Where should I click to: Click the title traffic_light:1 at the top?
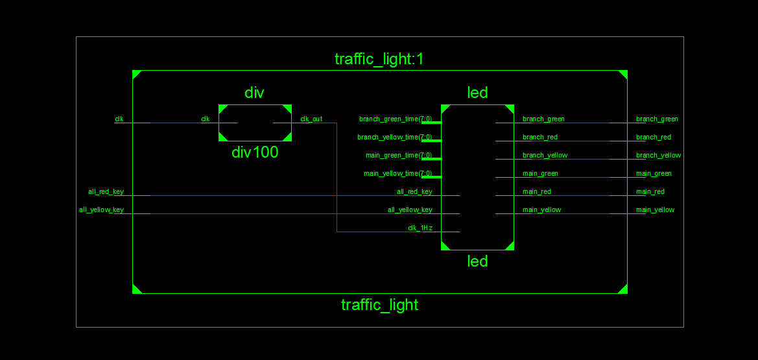pyautogui.click(x=379, y=60)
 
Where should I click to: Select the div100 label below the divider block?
pyautogui.click(x=255, y=153)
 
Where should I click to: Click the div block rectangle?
pyautogui.click(x=255, y=123)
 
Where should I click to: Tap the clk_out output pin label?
pyautogui.click(x=311, y=119)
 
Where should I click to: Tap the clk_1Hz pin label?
pyautogui.click(x=420, y=228)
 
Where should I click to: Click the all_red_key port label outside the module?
pyautogui.click(x=106, y=191)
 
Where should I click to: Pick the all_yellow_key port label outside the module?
pyautogui.click(x=101, y=210)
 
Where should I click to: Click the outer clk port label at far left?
pyautogui.click(x=119, y=119)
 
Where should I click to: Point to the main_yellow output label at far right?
pyautogui.click(x=655, y=210)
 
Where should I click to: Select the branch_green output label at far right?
pyautogui.click(x=657, y=119)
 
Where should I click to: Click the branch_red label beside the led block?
pyautogui.click(x=539, y=137)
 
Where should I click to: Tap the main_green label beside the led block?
pyautogui.click(x=540, y=173)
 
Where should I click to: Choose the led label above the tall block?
pyautogui.click(x=477, y=93)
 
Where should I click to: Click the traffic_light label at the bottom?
pyautogui.click(x=379, y=305)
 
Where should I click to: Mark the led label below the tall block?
pyautogui.click(x=477, y=261)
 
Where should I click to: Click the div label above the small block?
pyautogui.click(x=254, y=93)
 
